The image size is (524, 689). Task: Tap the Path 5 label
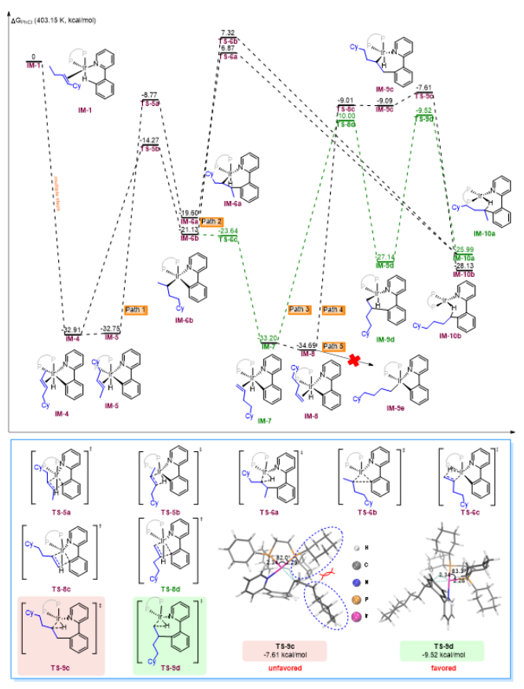pos(334,346)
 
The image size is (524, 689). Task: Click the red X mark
pos(354,360)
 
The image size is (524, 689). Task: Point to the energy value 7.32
pos(229,32)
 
